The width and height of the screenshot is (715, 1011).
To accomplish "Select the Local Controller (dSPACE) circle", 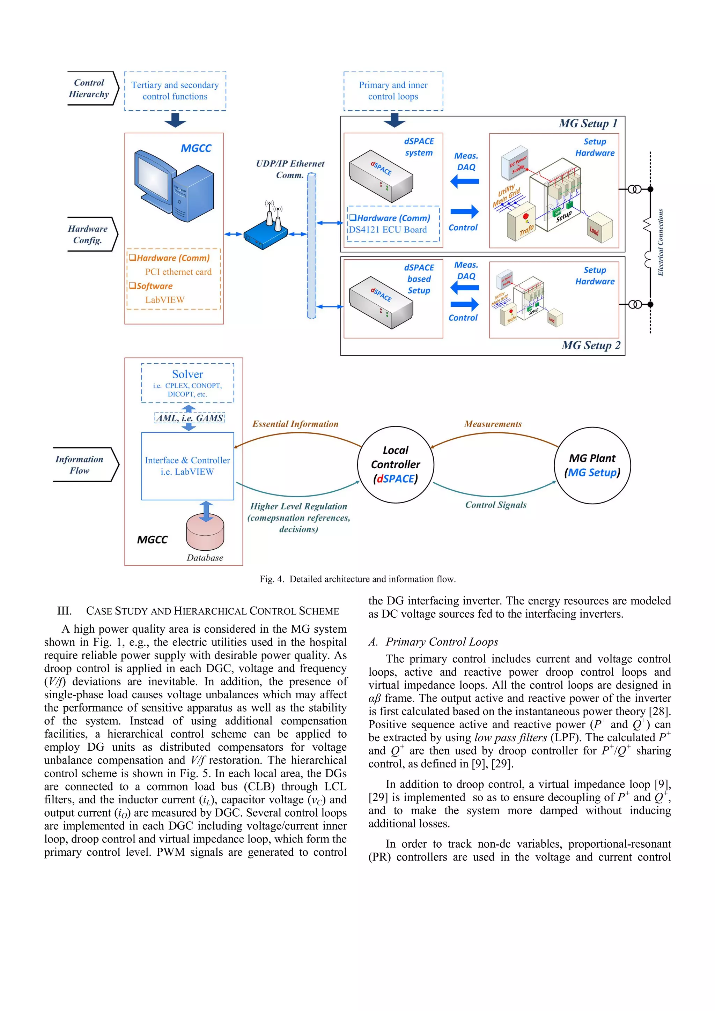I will point(395,464).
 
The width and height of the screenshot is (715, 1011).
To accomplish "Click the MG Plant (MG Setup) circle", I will point(592,466).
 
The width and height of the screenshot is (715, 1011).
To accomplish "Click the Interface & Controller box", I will point(187,466).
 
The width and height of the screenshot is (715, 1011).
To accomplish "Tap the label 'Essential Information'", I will point(295,424).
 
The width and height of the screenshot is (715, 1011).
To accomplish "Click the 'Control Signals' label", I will point(496,505).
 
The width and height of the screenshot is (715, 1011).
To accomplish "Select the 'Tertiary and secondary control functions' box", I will point(175,91).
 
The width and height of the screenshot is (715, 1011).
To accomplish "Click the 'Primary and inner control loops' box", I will point(393,91).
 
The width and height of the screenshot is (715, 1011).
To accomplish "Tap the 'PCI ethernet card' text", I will point(178,272).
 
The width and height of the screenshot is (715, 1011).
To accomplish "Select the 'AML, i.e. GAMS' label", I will point(190,418).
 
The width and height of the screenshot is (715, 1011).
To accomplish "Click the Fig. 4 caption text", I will point(357,579).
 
